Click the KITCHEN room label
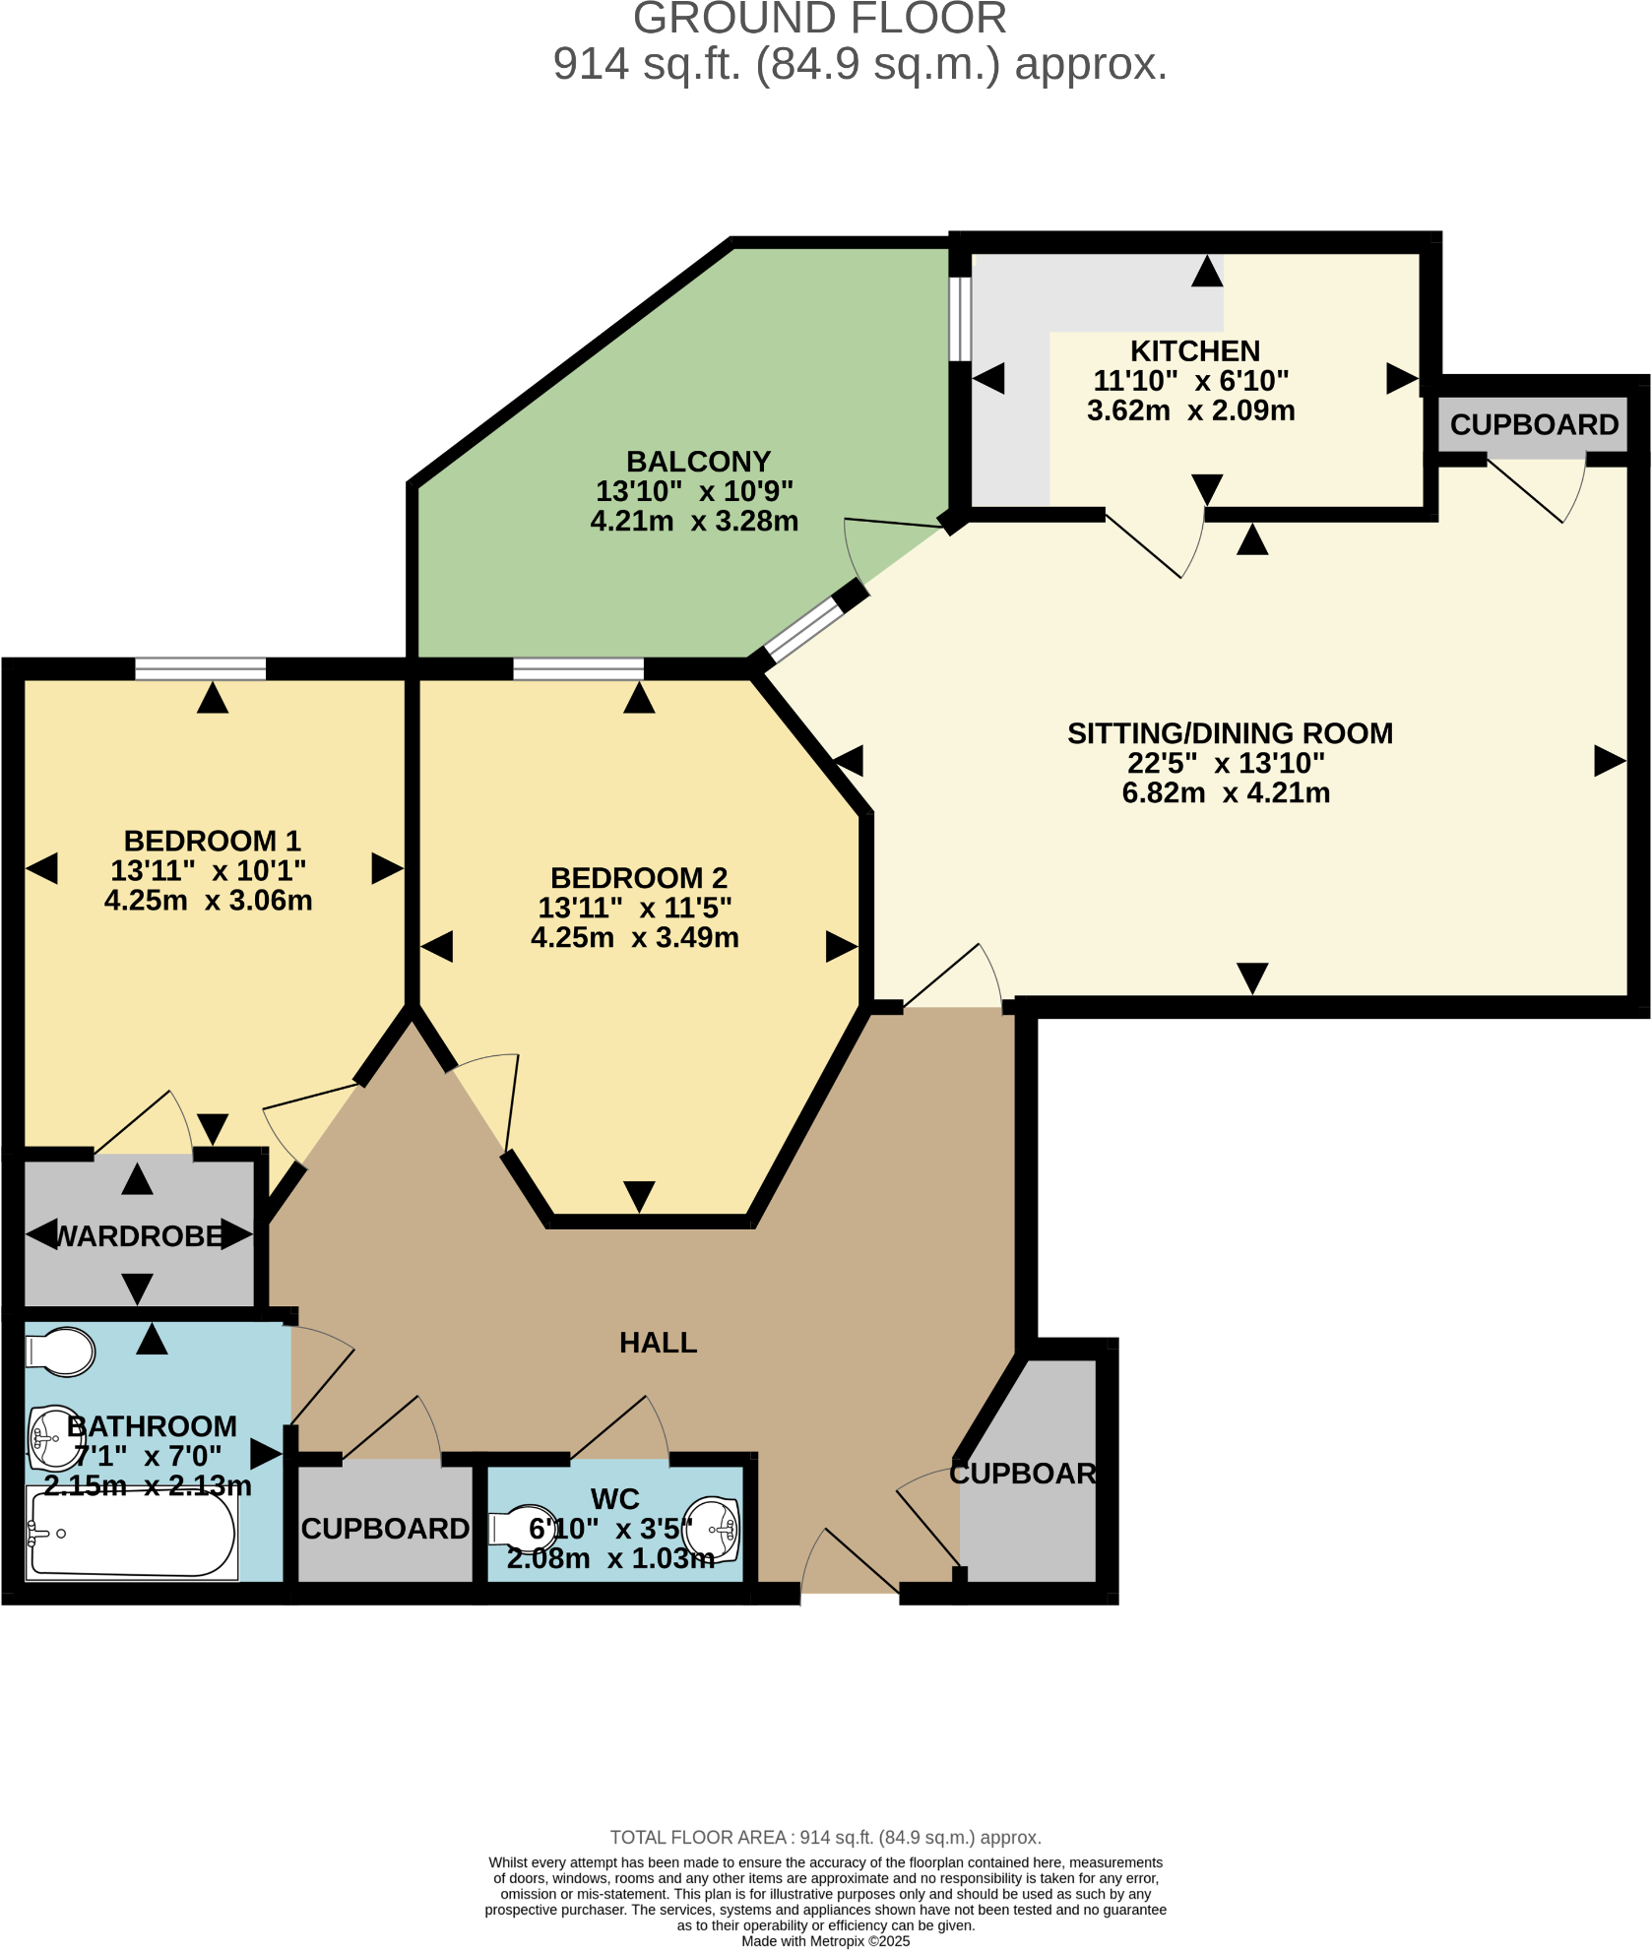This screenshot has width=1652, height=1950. pos(1194,351)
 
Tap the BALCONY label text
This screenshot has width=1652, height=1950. pos(698,462)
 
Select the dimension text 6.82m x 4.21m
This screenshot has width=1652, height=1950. pos(1226,792)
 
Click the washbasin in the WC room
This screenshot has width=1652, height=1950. pos(713,1530)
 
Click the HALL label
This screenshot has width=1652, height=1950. pos(658,1343)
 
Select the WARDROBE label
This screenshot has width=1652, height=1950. pos(139,1236)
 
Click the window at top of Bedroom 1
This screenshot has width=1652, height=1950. pos(200,669)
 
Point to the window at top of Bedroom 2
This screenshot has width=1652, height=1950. pos(578,669)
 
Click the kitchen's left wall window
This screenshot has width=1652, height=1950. pos(960,318)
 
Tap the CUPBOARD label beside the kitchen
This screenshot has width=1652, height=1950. pos(1533,425)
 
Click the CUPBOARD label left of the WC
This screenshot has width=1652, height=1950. pos(385,1529)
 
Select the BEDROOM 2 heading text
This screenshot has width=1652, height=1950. pos(638,878)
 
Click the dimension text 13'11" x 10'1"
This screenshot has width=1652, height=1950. pos(208,871)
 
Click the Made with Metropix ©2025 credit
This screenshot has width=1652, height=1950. pos(825,1941)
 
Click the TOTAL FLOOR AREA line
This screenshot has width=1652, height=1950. pos(825,1837)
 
